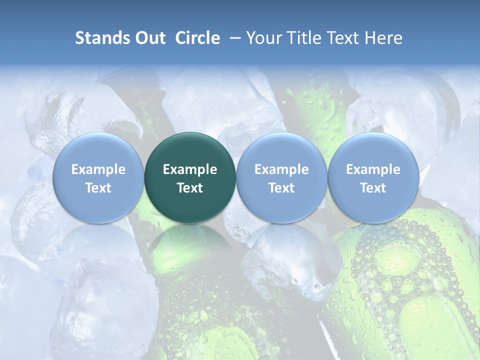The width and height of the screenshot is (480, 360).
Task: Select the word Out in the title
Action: coord(148,38)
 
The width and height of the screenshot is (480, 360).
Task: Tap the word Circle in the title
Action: coord(197,38)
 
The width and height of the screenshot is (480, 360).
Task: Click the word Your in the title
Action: coord(263,38)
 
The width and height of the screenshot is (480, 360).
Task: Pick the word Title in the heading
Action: coord(302,38)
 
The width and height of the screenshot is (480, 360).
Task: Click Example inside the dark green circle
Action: coord(190,169)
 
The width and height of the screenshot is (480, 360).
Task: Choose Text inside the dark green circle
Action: coord(190,188)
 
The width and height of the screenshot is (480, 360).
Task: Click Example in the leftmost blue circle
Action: coord(98,169)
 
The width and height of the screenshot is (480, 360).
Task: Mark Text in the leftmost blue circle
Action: coord(98,188)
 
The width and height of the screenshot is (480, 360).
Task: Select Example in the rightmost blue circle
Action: coord(373,169)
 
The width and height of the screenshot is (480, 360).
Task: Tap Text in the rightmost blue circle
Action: coord(373,188)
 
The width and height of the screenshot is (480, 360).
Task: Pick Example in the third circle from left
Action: coord(281,169)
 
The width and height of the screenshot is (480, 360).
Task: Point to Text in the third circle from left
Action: coord(281,188)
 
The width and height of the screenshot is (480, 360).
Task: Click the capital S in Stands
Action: coord(79,38)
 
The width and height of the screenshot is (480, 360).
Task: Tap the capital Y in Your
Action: coord(251,38)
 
